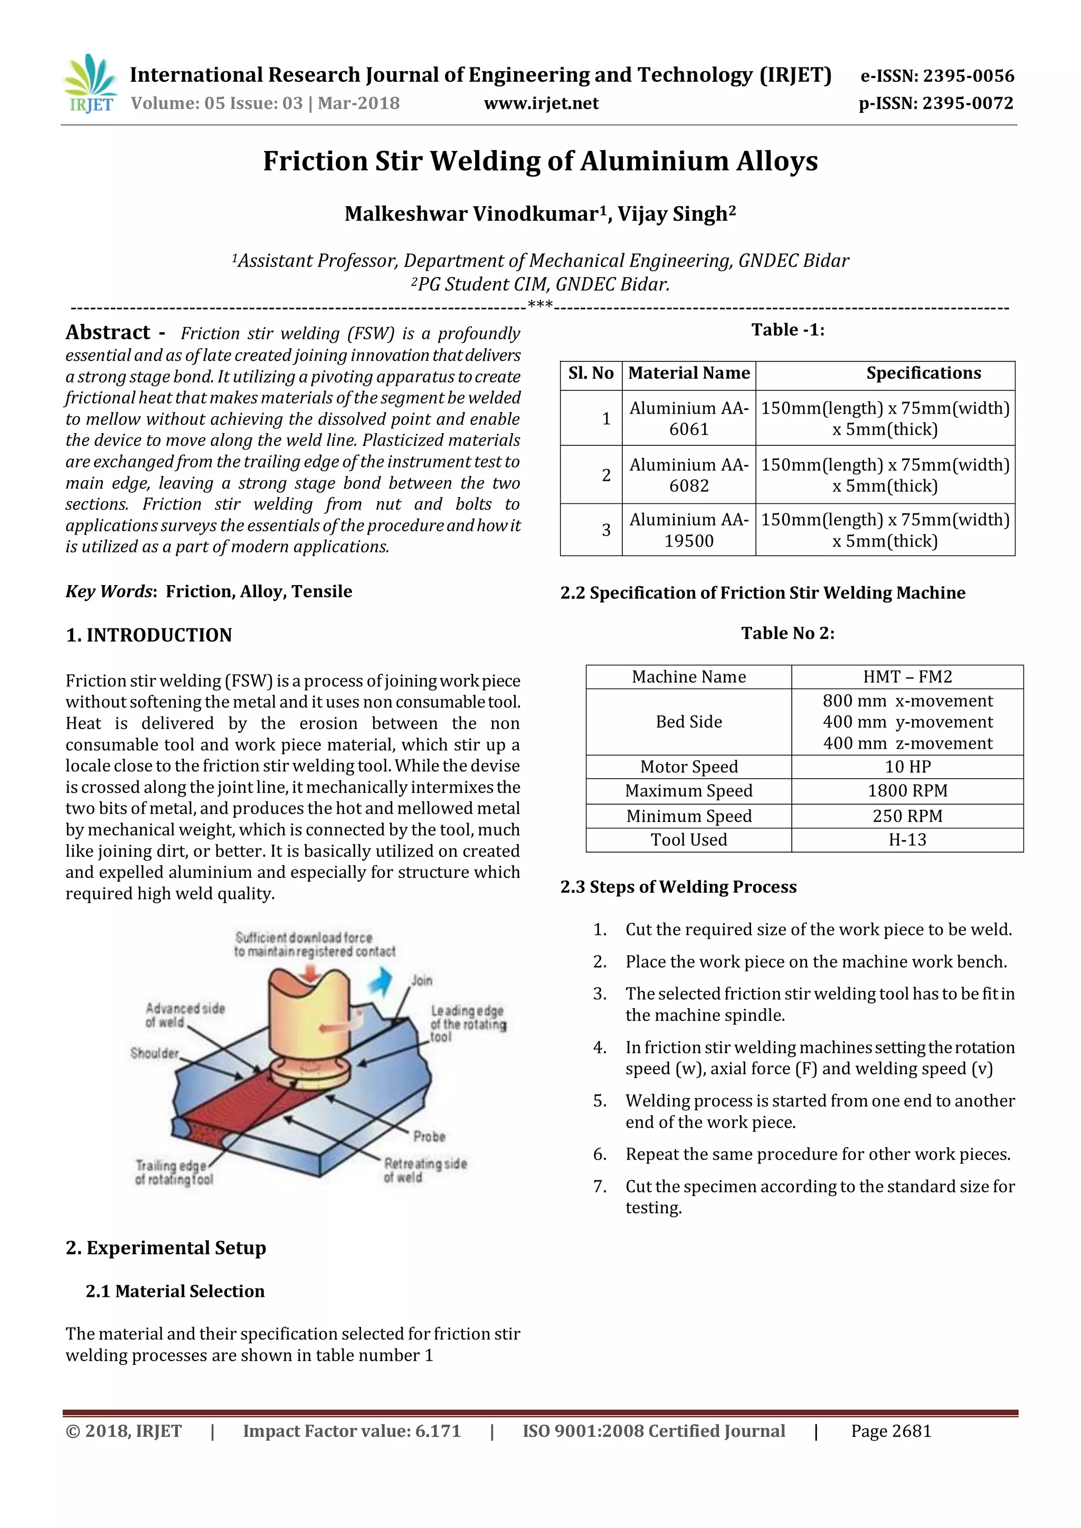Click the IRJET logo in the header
point(90,84)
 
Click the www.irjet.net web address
point(540,103)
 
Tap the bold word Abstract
point(108,332)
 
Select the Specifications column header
point(923,374)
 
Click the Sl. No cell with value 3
point(606,530)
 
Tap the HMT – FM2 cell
point(907,677)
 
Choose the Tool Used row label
point(689,840)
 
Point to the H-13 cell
point(907,840)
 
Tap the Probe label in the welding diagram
point(429,1136)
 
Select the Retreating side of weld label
point(425,1170)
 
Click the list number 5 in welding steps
point(600,1101)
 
